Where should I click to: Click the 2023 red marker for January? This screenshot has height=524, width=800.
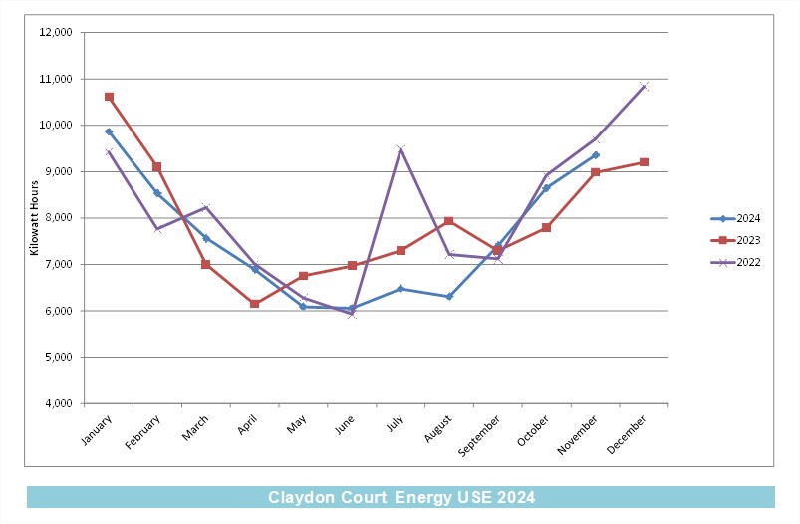pyautogui.click(x=109, y=97)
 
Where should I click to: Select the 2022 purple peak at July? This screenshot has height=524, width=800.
pyautogui.click(x=400, y=149)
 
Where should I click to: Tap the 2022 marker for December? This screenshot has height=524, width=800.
pyautogui.click(x=644, y=86)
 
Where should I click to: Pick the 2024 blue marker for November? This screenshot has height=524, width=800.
pyautogui.click(x=596, y=155)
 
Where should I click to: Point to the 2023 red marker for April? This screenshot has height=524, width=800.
pyautogui.click(x=255, y=304)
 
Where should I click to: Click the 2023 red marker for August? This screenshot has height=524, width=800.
pyautogui.click(x=449, y=221)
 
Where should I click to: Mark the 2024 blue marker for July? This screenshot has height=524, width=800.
pyautogui.click(x=400, y=289)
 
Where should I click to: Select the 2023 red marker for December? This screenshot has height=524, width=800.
pyautogui.click(x=644, y=162)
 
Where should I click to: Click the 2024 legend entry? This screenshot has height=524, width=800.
pyautogui.click(x=735, y=218)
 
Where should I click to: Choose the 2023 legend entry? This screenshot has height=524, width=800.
pyautogui.click(x=735, y=240)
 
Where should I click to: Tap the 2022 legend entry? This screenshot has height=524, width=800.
pyautogui.click(x=735, y=262)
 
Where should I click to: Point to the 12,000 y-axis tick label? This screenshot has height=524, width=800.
pyautogui.click(x=56, y=32)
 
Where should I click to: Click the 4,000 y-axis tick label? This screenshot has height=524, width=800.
pyautogui.click(x=58, y=403)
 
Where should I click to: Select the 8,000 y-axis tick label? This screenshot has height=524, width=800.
pyautogui.click(x=58, y=218)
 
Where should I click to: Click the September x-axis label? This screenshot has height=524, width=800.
pyautogui.click(x=479, y=435)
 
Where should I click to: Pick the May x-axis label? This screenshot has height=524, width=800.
pyautogui.click(x=297, y=424)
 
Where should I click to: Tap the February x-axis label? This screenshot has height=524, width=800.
pyautogui.click(x=142, y=432)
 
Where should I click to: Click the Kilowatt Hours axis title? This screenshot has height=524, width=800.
pyautogui.click(x=34, y=218)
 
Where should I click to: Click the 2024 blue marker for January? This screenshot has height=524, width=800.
pyautogui.click(x=109, y=131)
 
